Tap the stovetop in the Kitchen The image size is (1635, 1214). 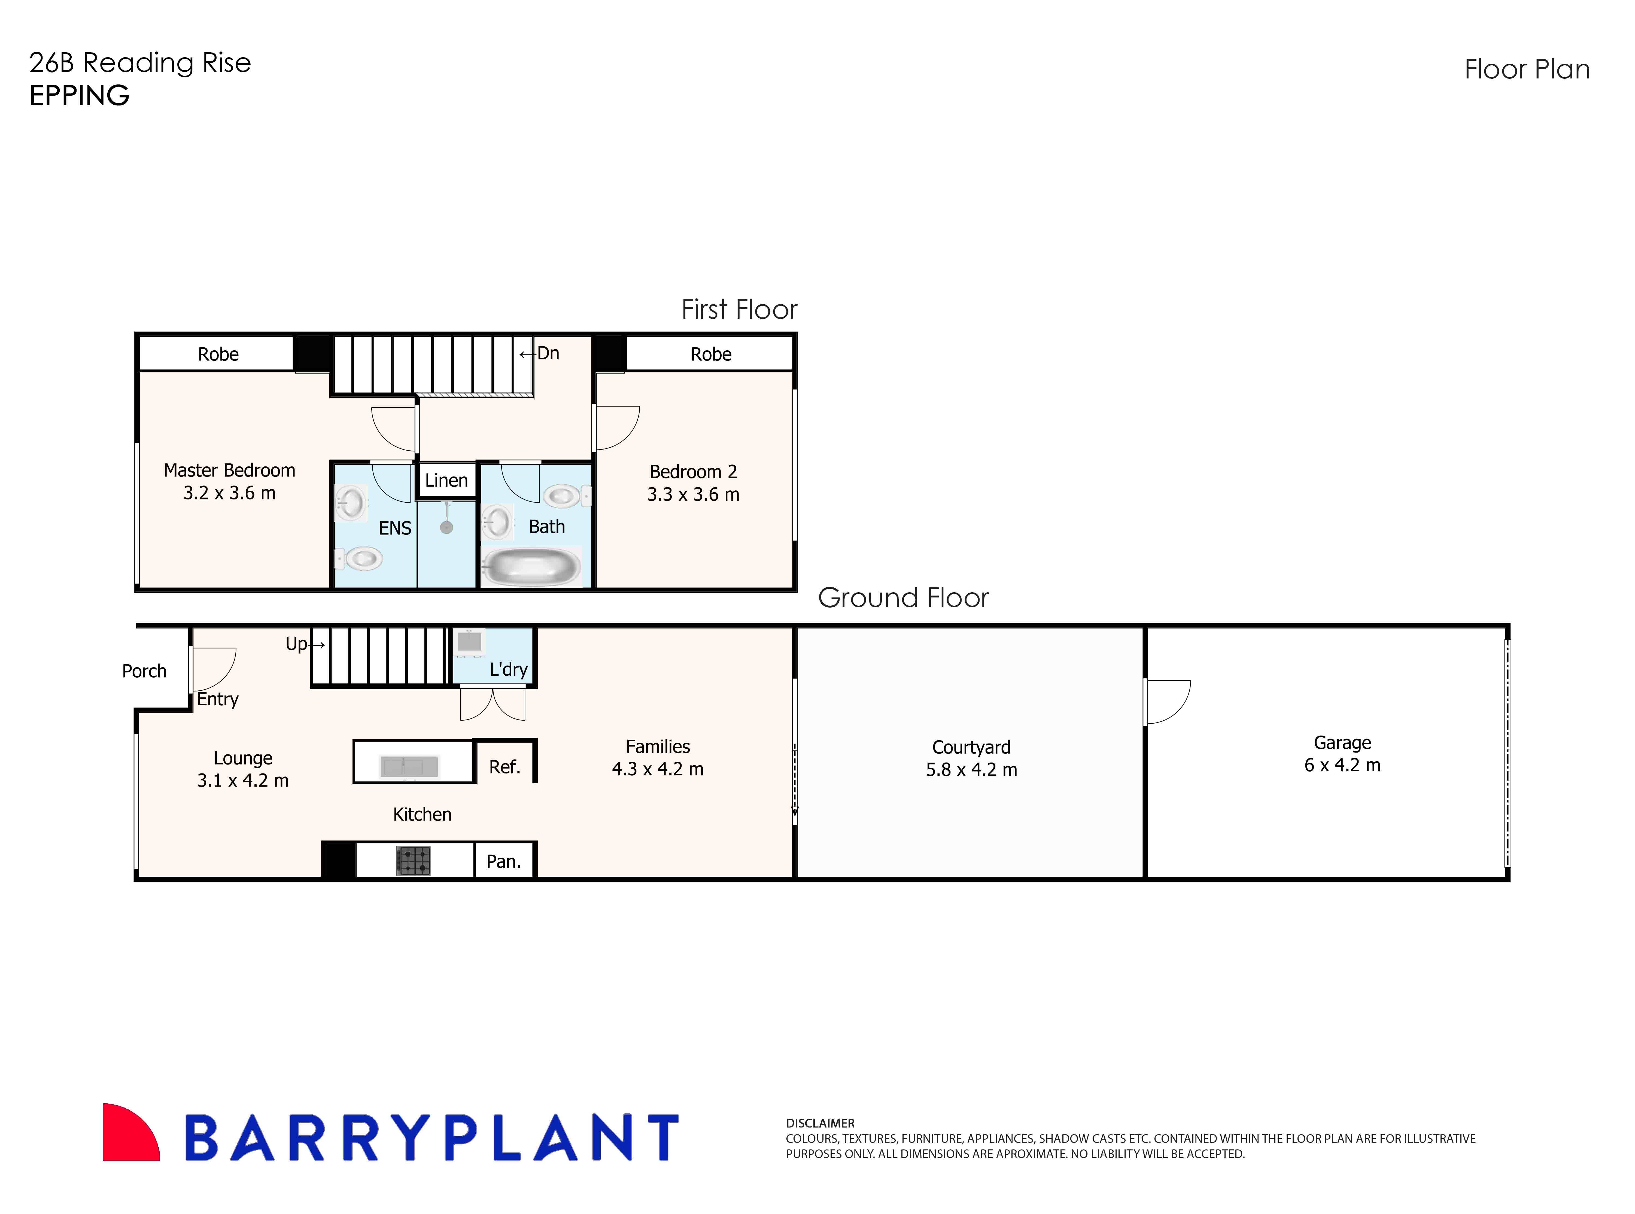[413, 861]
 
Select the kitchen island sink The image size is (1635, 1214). [409, 766]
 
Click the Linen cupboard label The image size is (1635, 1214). [446, 481]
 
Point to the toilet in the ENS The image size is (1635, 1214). [361, 559]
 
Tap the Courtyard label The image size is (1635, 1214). [971, 747]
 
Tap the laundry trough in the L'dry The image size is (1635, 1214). [469, 642]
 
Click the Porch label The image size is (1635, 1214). [144, 671]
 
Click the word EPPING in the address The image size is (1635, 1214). [79, 96]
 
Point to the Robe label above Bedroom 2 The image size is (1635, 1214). [711, 354]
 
